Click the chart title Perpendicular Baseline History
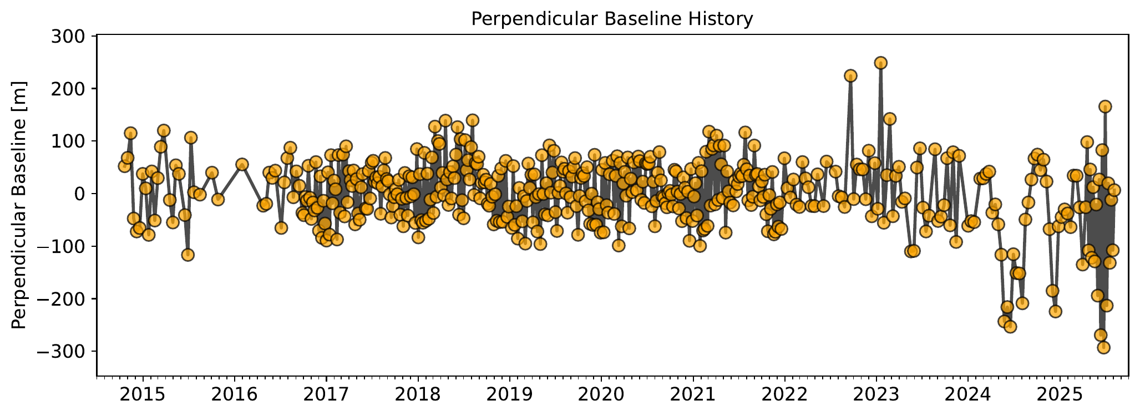pos(612,19)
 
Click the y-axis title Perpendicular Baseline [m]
pos(19,205)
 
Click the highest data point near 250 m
pos(880,63)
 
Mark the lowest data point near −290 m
pos(1104,347)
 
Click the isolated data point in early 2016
pos(242,164)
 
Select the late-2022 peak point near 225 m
pos(850,75)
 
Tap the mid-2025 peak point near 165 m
pos(1105,106)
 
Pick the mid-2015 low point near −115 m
pos(188,255)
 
